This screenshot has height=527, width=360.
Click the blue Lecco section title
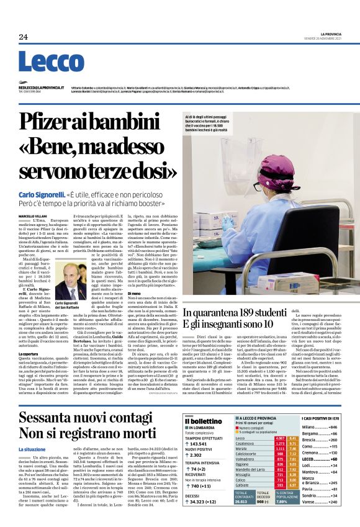pyautogui.click(x=42, y=63)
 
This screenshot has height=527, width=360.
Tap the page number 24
pyautogui.click(x=23, y=37)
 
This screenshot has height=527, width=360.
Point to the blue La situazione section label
pyautogui.click(x=32, y=449)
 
